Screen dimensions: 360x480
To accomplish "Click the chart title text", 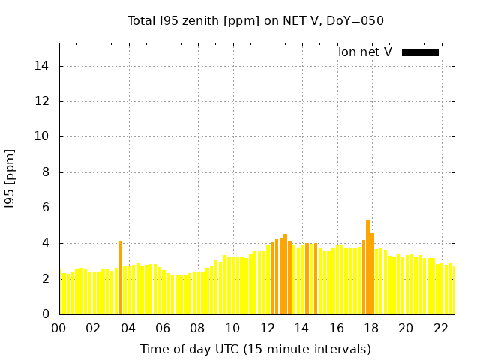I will pos(256,20).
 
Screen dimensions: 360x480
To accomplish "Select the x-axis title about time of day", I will pos(256,349).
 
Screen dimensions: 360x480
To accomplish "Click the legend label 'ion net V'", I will pos(365,52).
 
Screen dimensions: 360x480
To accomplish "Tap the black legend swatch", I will pos(420,52).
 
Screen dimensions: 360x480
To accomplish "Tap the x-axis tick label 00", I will pos(58,328).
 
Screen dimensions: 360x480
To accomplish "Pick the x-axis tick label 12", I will pos(267,328).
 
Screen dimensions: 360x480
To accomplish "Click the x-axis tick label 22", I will pos(441,328).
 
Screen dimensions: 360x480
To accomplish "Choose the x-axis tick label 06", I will pos(163,328).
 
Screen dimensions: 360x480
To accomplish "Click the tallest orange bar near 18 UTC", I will pos(367,266).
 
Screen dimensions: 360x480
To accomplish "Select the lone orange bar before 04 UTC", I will pos(120,277).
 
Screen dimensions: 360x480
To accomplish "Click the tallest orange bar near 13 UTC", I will pos(285,274).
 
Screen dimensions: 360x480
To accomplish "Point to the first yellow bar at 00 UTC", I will pos(60,292).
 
